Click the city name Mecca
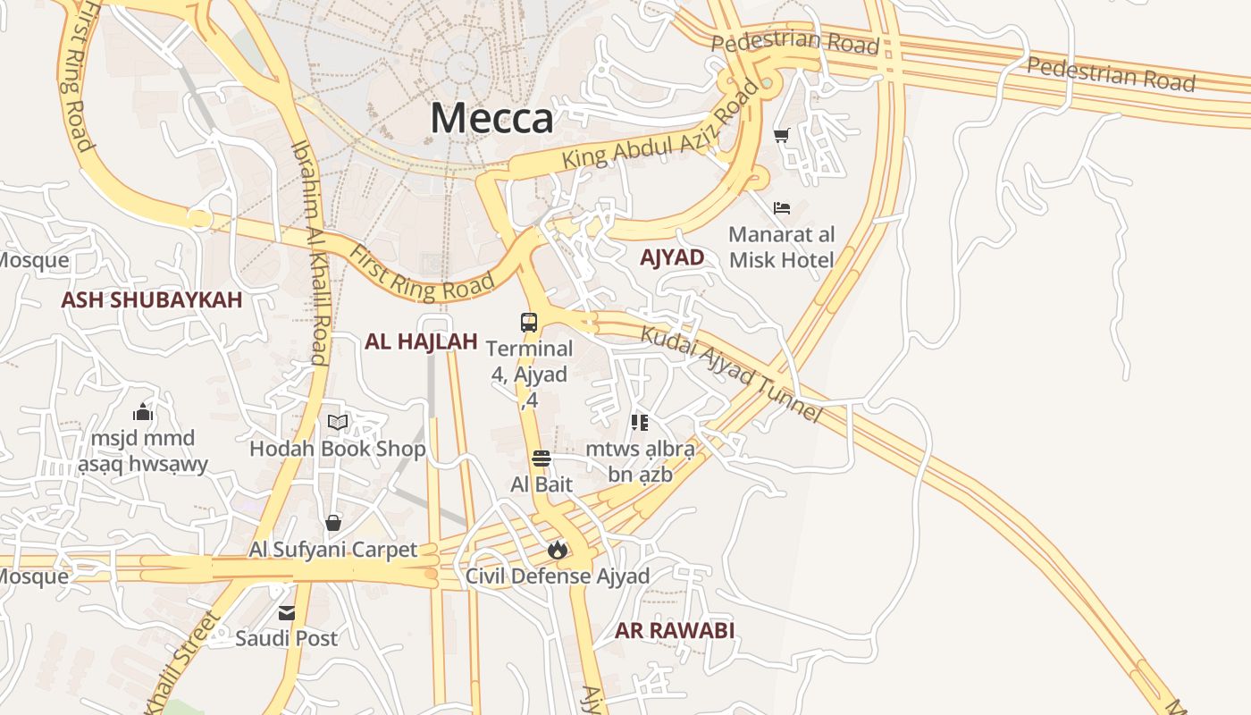pos(491,118)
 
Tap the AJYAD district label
pos(672,257)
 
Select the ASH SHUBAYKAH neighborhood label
pos(151,299)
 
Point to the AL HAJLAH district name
pos(421,341)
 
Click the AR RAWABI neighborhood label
pos(674,630)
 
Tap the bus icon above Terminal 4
pos(529,322)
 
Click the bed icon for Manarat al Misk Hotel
pos(782,208)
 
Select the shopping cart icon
pos(782,136)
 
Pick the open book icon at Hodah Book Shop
pos(337,422)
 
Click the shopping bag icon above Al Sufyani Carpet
pos(333,523)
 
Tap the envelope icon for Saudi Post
pos(287,613)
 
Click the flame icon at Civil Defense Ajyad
pos(558,550)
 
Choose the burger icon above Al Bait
pos(541,459)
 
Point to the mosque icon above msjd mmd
pos(142,413)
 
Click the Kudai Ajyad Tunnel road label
pos(731,374)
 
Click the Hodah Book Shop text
pos(337,449)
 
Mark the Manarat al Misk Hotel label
pos(782,248)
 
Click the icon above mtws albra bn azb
pos(639,423)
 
